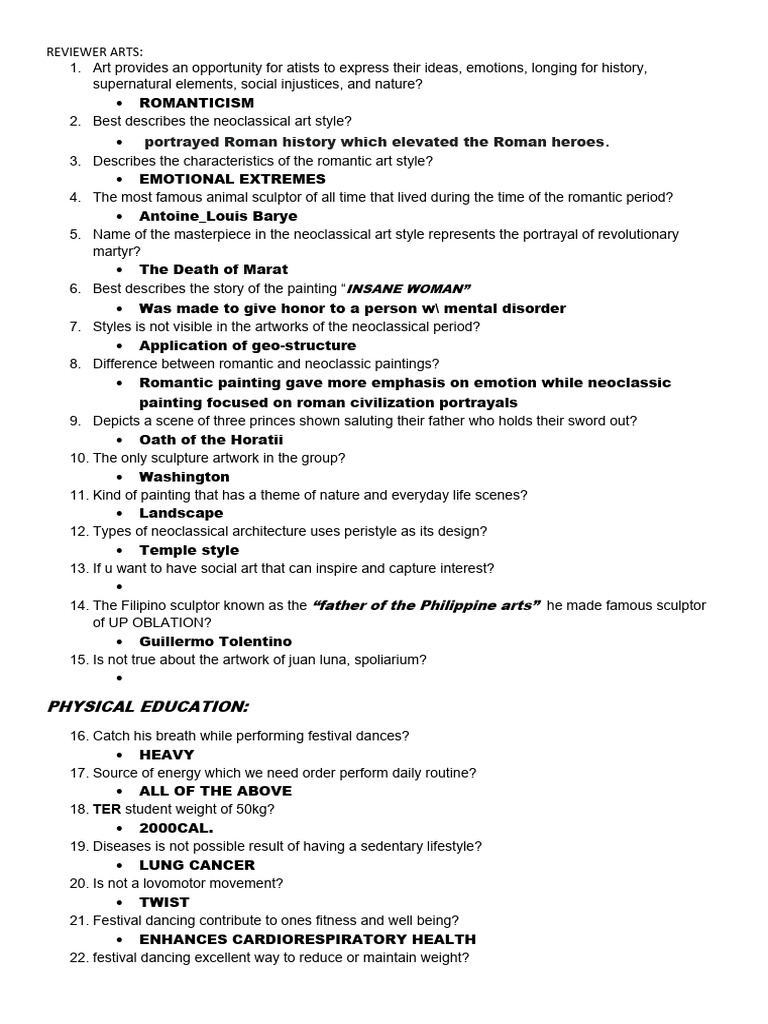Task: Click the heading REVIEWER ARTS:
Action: (95, 51)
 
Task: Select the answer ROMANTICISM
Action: (196, 103)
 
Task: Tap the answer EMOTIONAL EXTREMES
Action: (232, 179)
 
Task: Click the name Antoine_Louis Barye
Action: (218, 216)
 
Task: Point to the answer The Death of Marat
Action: (213, 269)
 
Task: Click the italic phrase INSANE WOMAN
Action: (408, 289)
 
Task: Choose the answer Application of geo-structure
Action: (247, 346)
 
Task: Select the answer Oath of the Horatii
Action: (211, 440)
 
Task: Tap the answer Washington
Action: (184, 477)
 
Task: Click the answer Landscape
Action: (181, 513)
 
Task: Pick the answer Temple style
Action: (189, 550)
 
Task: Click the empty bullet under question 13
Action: (119, 587)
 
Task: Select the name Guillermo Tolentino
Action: (215, 641)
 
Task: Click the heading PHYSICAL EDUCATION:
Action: (148, 707)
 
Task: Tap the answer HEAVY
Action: (166, 755)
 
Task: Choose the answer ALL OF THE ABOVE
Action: (215, 791)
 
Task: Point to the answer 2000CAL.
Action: (176, 828)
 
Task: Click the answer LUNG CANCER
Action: (197, 865)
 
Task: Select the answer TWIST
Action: (164, 902)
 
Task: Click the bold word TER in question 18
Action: (106, 809)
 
